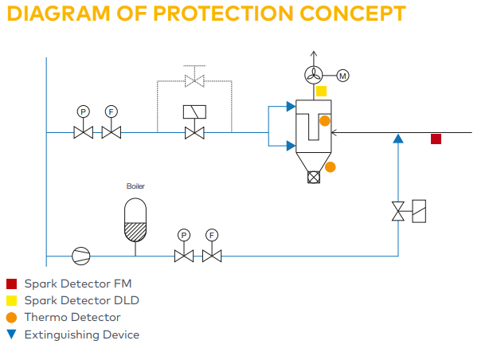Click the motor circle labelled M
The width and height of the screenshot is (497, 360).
(343, 76)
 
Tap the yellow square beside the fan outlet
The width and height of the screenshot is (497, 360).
(321, 91)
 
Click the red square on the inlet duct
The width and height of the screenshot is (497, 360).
(436, 139)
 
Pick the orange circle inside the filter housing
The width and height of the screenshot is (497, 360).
(324, 122)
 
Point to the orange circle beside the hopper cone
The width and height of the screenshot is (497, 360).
(330, 166)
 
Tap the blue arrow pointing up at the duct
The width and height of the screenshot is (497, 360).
(399, 139)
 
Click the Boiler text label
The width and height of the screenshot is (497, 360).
(135, 186)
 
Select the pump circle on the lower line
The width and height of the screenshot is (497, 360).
(80, 256)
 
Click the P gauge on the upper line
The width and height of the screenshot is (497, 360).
(84, 111)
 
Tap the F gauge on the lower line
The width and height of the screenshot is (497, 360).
(212, 235)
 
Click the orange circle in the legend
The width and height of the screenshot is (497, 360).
(11, 317)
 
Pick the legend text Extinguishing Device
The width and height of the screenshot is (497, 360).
(81, 335)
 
